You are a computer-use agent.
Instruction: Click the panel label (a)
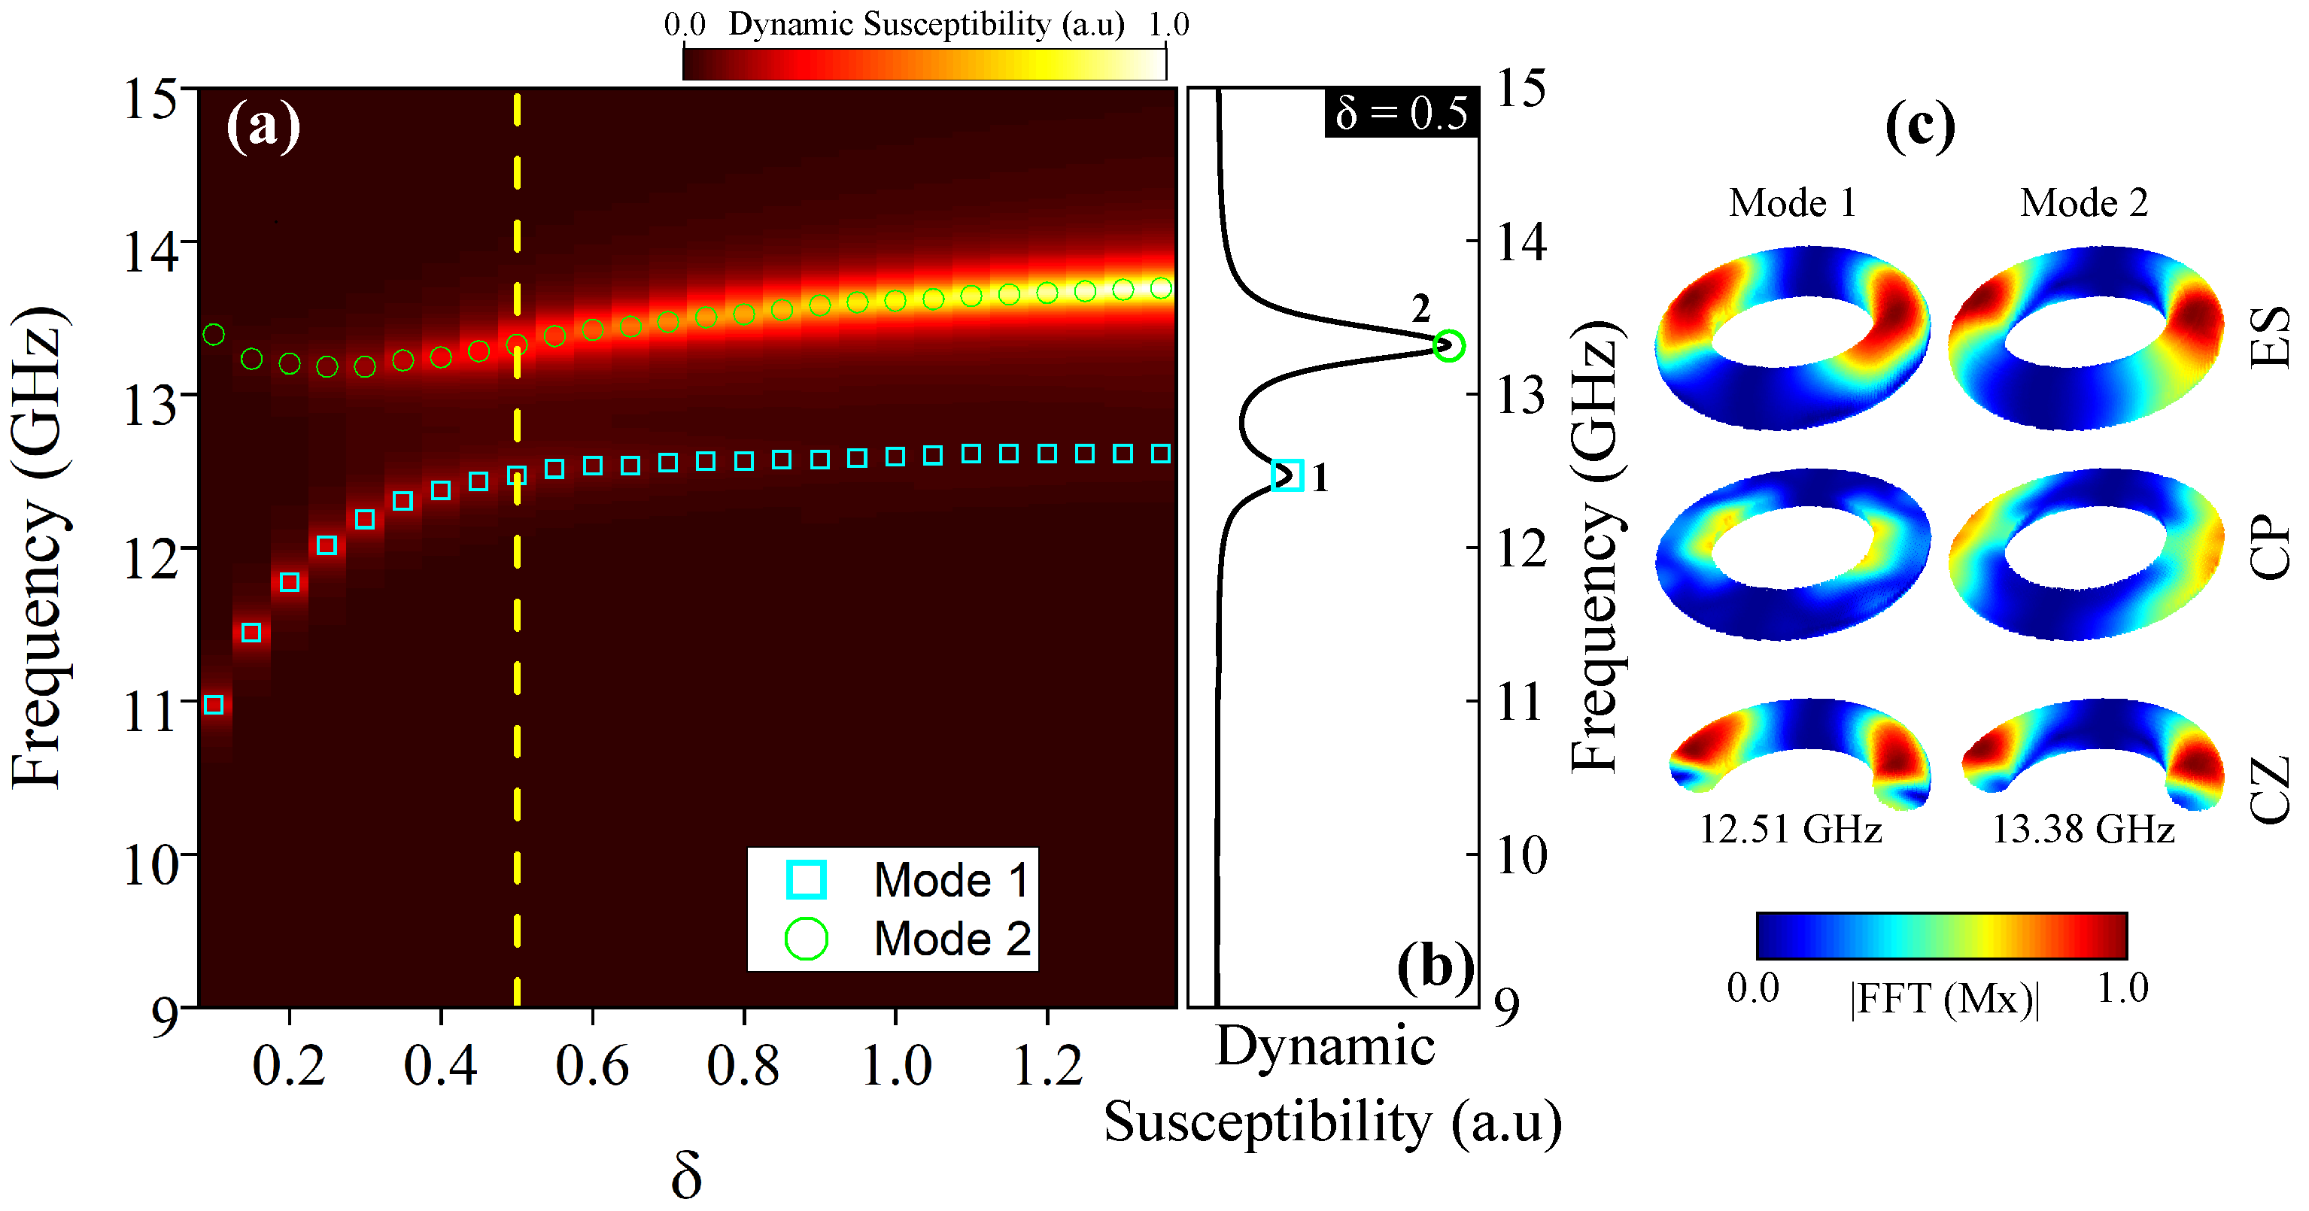pos(263,126)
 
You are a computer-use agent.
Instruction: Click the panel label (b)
pos(1435,968)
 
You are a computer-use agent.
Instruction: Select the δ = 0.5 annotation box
pos(1401,114)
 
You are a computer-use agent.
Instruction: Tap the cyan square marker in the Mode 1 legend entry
pos(806,879)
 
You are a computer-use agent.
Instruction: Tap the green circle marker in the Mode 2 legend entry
pos(806,939)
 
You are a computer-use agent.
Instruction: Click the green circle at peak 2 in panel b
pos(1448,345)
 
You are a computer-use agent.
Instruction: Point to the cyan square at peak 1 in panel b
pos(1288,475)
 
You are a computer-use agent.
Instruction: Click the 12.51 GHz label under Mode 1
pos(1790,829)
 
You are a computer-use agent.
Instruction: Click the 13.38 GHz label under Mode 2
pos(2083,829)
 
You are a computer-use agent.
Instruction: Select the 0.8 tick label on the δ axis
pos(743,1067)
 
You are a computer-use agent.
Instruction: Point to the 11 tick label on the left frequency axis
pos(149,712)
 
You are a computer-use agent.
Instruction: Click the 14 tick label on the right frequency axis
pos(1522,242)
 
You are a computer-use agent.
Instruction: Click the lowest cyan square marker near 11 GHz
pos(214,705)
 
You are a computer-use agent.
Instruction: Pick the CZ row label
pos(2271,789)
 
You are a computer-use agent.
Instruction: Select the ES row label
pos(2271,337)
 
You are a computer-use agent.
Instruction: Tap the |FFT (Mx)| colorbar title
pos(1943,997)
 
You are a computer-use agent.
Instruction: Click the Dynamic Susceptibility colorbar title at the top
pos(926,24)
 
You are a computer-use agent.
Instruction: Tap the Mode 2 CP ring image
pos(2086,556)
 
